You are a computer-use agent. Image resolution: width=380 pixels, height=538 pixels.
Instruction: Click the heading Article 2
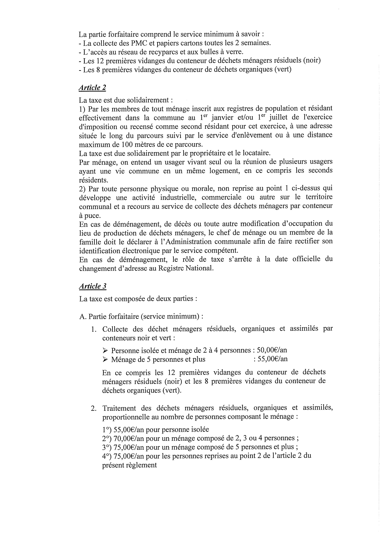click(92, 88)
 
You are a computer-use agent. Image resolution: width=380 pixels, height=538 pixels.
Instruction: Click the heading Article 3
click(93, 286)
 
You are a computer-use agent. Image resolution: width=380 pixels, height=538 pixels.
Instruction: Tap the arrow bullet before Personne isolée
click(105, 350)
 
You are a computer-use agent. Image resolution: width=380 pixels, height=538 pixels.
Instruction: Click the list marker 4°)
click(107, 456)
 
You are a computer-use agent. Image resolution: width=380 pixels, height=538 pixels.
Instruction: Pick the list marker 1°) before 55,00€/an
click(107, 429)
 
